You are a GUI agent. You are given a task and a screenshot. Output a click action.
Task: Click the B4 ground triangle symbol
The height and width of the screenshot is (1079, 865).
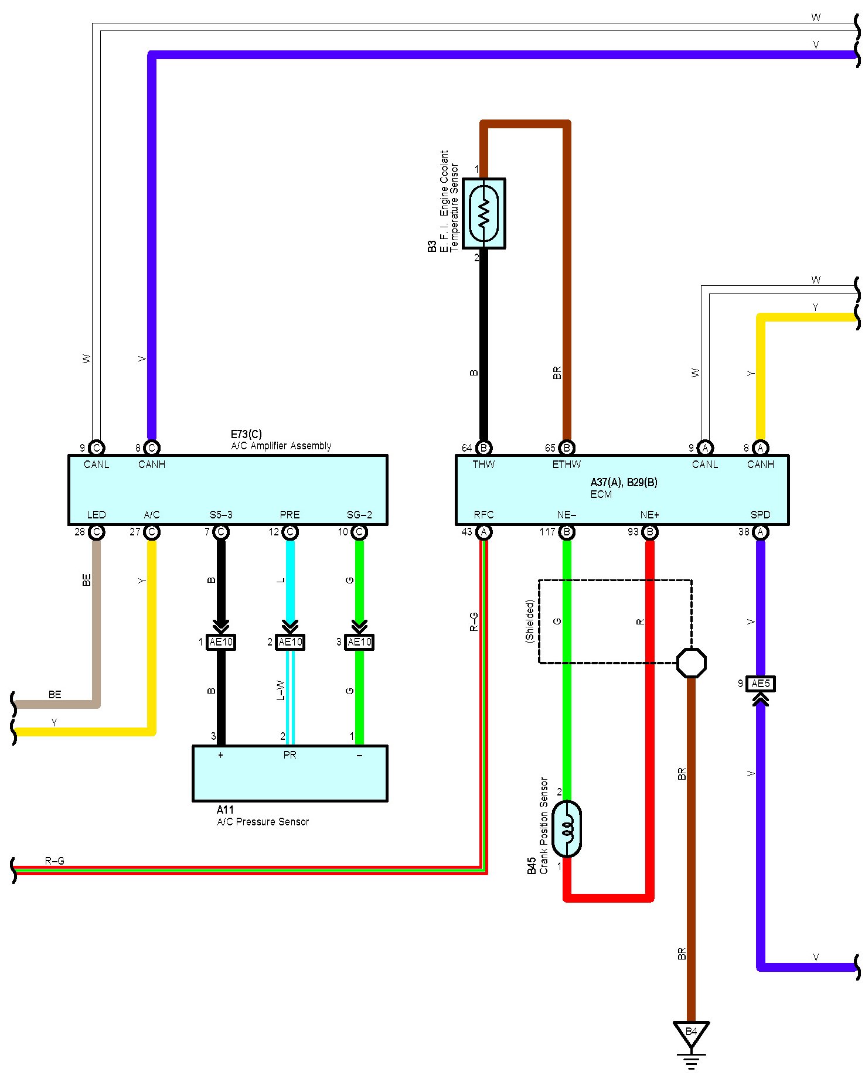(x=691, y=1033)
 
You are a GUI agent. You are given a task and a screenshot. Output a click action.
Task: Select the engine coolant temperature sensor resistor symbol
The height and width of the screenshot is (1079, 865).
(x=484, y=213)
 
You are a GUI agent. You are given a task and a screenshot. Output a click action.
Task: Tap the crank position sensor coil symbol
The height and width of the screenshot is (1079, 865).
(x=567, y=829)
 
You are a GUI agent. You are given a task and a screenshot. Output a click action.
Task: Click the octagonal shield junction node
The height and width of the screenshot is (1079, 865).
(x=692, y=663)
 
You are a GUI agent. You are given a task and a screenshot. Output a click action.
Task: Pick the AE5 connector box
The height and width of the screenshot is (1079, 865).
(x=761, y=684)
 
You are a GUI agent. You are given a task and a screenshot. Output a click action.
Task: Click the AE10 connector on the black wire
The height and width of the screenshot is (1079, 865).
(x=221, y=642)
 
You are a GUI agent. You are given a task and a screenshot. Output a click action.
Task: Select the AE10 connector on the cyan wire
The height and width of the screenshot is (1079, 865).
(x=290, y=642)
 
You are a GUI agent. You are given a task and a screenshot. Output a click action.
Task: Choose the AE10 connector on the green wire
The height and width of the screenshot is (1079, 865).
(x=359, y=642)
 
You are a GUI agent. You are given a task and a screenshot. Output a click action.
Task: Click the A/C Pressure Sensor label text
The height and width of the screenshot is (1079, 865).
(x=263, y=822)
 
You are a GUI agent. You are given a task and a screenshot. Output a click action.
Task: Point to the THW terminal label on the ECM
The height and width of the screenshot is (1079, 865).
(x=484, y=465)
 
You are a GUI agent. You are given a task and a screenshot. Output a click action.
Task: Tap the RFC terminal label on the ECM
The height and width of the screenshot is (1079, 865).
(x=484, y=515)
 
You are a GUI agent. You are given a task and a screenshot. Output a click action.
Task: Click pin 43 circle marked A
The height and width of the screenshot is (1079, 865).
(x=484, y=532)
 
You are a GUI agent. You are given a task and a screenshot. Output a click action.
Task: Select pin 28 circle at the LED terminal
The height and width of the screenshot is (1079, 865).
(x=97, y=532)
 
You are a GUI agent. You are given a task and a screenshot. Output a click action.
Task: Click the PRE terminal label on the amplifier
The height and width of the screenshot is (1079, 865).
(x=290, y=515)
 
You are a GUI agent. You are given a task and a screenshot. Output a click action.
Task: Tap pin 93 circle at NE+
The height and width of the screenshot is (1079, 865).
(x=649, y=532)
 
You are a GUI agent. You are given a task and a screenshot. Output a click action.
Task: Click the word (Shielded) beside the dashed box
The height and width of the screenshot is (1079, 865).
(x=530, y=621)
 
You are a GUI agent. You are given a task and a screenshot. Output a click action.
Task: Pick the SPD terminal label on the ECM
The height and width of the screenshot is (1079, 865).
(x=761, y=515)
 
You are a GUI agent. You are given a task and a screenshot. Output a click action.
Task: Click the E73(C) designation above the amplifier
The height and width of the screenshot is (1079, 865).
(x=246, y=434)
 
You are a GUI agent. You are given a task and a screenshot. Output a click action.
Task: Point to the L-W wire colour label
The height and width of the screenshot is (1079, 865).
(x=281, y=690)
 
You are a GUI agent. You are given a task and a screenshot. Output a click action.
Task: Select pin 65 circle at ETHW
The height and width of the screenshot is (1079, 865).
(x=567, y=448)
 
